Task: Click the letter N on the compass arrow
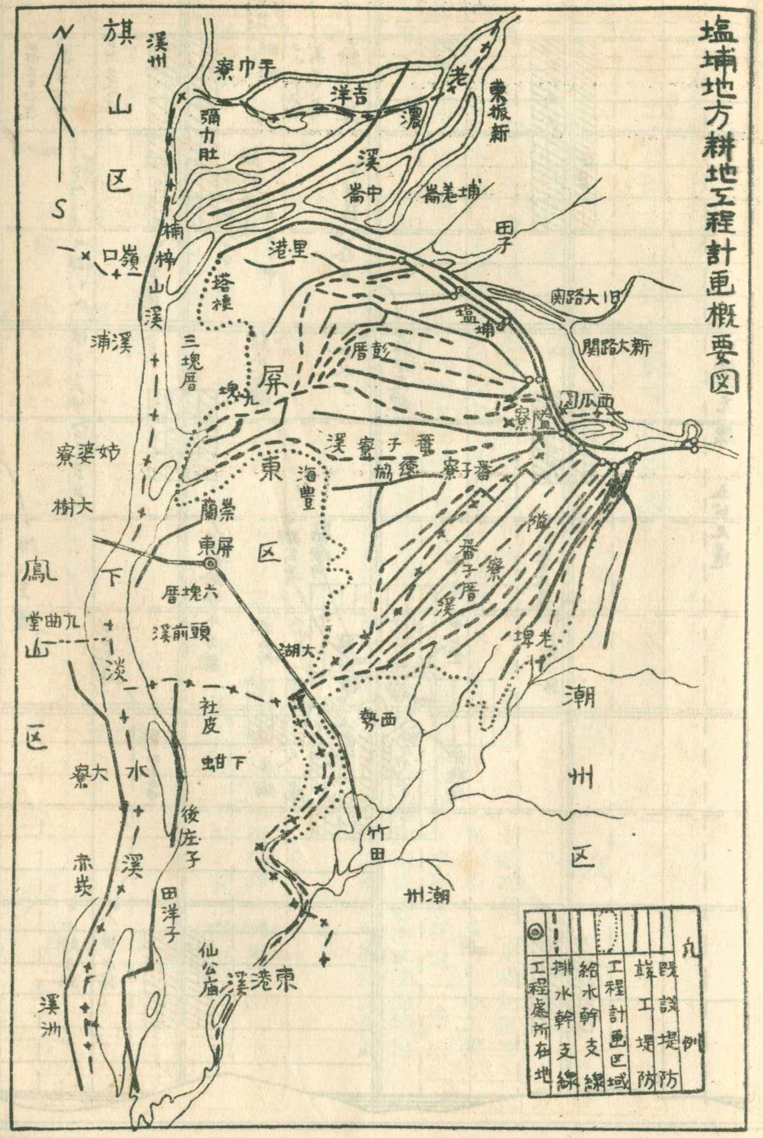(x=65, y=34)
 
